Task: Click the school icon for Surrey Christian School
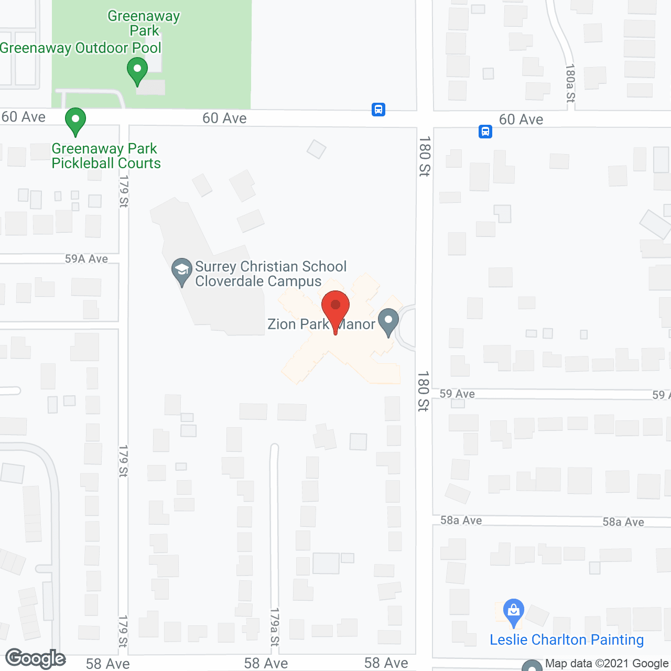[x=182, y=271]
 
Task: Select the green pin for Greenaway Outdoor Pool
[x=137, y=71]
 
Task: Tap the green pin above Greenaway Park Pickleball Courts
[x=75, y=121]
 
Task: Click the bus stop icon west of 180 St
[x=378, y=110]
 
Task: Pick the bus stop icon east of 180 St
[x=485, y=131]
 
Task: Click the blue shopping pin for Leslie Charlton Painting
[x=514, y=612]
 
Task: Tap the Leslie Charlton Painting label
[x=567, y=640]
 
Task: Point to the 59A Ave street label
[x=86, y=259]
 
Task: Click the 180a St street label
[x=570, y=83]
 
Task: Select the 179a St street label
[x=275, y=627]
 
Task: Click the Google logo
[x=36, y=658]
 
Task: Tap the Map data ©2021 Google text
[x=607, y=664]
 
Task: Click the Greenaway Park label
[x=144, y=24]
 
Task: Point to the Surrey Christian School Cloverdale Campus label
[x=270, y=274]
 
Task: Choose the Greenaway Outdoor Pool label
[x=81, y=48]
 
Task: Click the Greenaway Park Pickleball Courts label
[x=106, y=156]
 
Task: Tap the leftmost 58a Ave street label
[x=461, y=520]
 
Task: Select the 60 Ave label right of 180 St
[x=521, y=120]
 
